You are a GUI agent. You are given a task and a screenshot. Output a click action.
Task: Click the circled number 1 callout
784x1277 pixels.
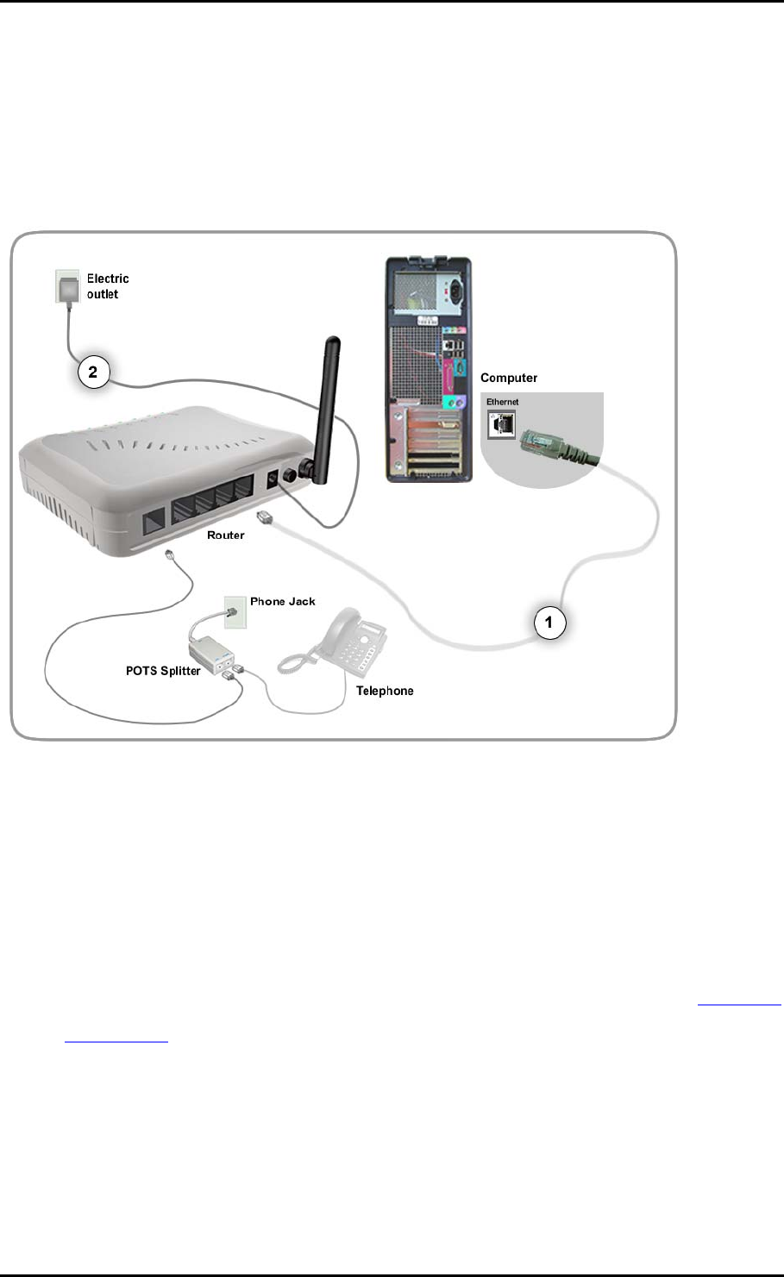549,621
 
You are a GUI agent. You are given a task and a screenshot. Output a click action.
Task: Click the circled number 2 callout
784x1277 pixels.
93,373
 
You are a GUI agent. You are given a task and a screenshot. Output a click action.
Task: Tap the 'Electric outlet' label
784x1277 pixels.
108,286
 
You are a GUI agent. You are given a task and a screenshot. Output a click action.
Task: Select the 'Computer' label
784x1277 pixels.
509,378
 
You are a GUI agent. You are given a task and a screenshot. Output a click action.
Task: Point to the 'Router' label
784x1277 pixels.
226,535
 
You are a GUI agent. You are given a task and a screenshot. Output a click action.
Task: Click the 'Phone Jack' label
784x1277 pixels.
283,601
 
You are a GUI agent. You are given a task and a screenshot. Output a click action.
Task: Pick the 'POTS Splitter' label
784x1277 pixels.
163,671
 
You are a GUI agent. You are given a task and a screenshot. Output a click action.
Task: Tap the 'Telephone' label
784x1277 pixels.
385,691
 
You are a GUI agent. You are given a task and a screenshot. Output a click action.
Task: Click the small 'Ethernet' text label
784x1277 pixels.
502,402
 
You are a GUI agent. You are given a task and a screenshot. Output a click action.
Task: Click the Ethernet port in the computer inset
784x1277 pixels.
501,423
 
